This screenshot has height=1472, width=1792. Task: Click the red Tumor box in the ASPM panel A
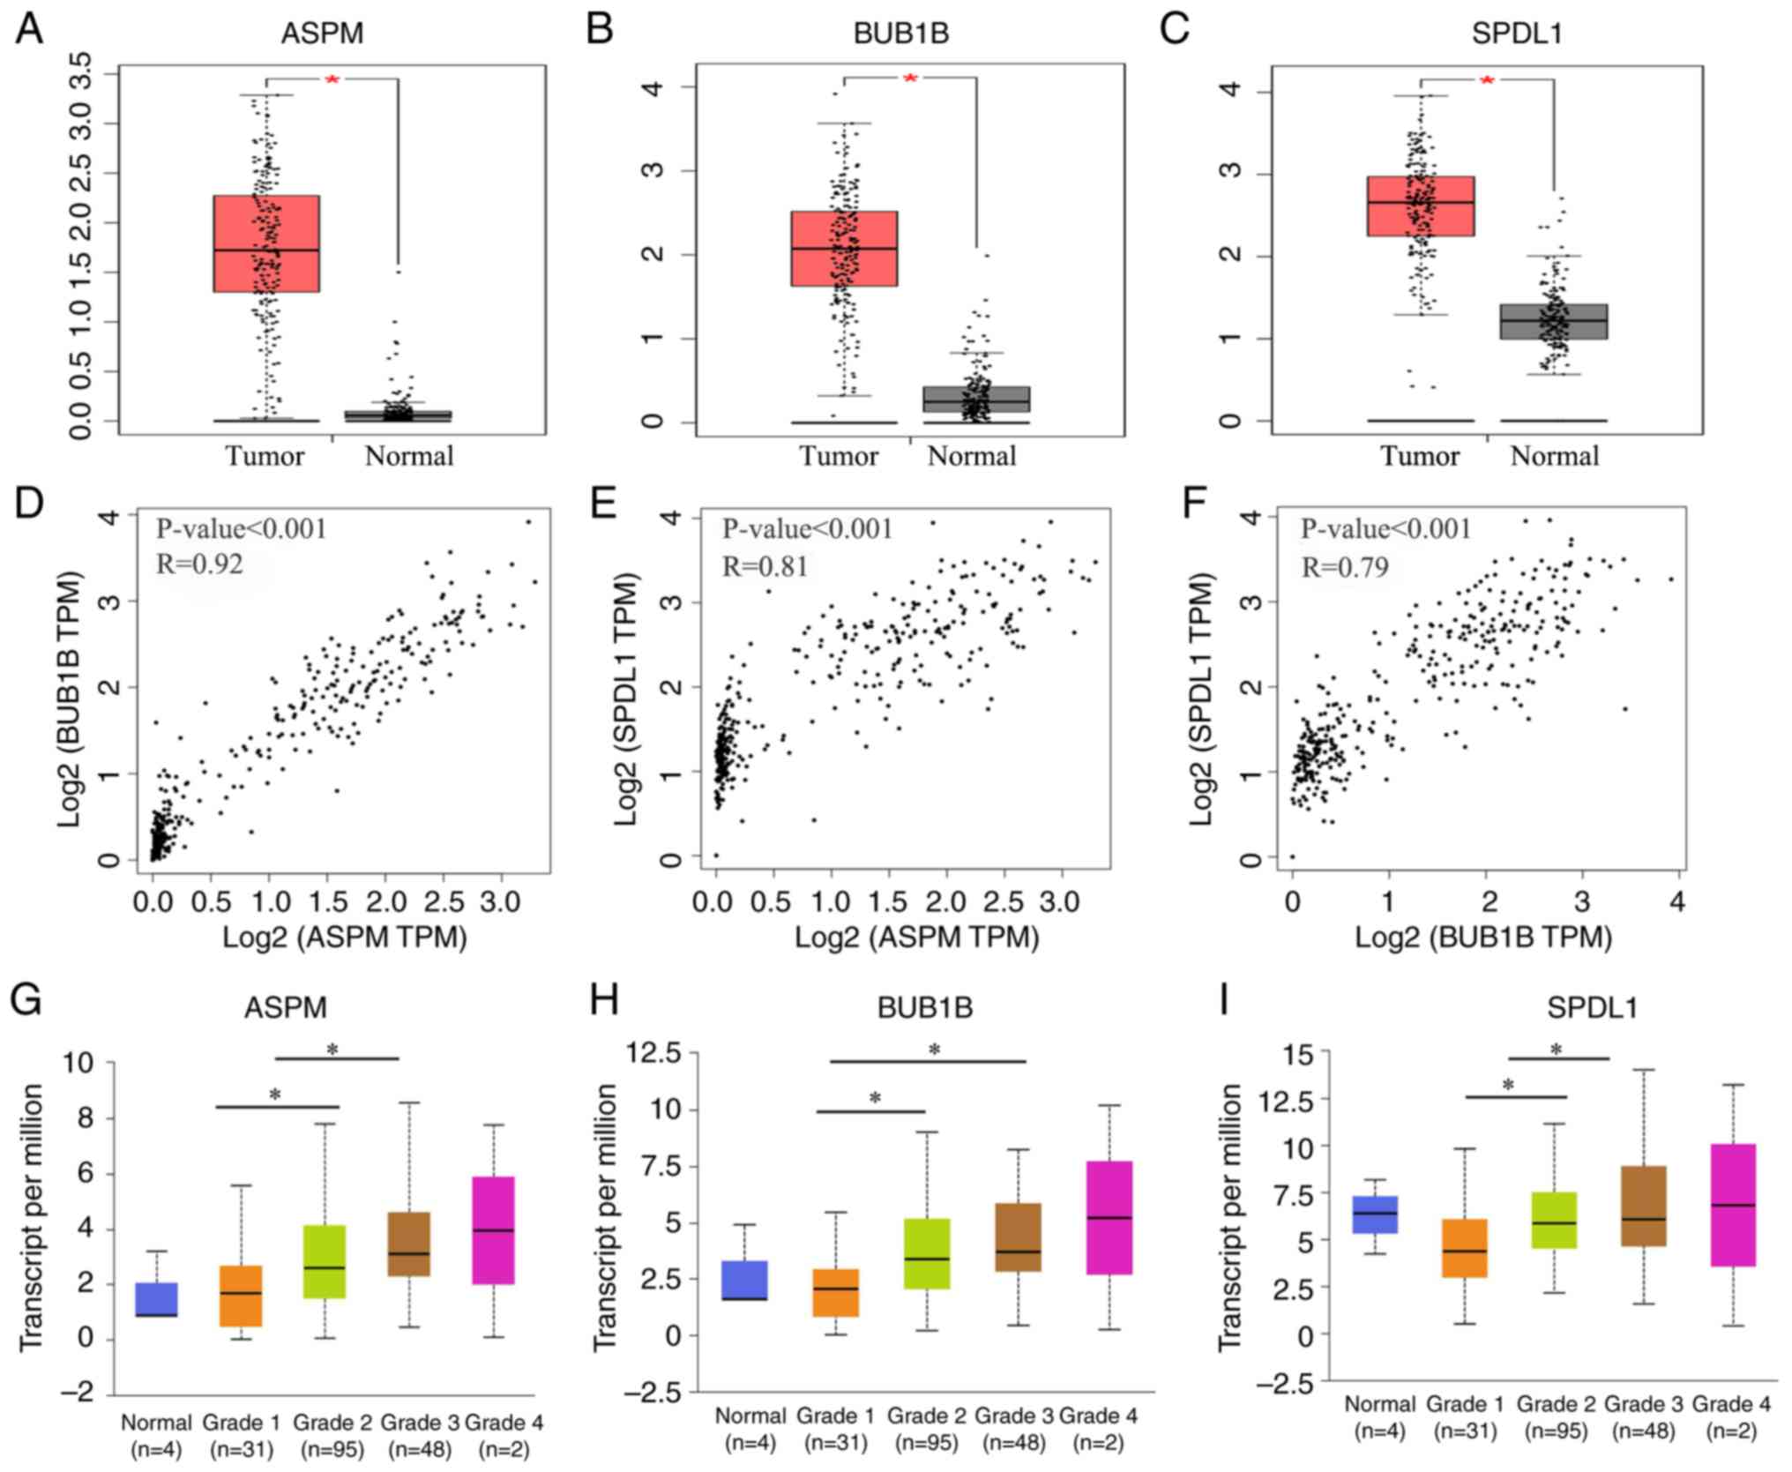[266, 243]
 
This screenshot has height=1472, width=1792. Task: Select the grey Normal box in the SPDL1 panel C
[1554, 322]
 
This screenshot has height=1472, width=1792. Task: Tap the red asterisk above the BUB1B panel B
[910, 78]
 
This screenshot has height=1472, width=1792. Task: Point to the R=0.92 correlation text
[199, 564]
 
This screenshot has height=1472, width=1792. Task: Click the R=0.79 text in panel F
[1345, 566]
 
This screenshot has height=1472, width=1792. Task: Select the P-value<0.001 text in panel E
[807, 529]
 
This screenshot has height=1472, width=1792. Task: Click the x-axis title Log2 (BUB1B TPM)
[1483, 938]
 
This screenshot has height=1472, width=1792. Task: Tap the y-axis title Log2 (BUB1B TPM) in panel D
[71, 699]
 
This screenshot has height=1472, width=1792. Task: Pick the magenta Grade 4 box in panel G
[494, 1230]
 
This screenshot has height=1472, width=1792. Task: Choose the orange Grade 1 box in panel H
[835, 1293]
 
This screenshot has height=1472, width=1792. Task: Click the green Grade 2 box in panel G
[325, 1262]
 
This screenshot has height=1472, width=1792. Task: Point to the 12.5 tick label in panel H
[653, 1053]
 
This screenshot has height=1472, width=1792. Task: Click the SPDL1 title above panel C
[1517, 34]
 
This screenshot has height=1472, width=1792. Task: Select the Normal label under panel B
[972, 456]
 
